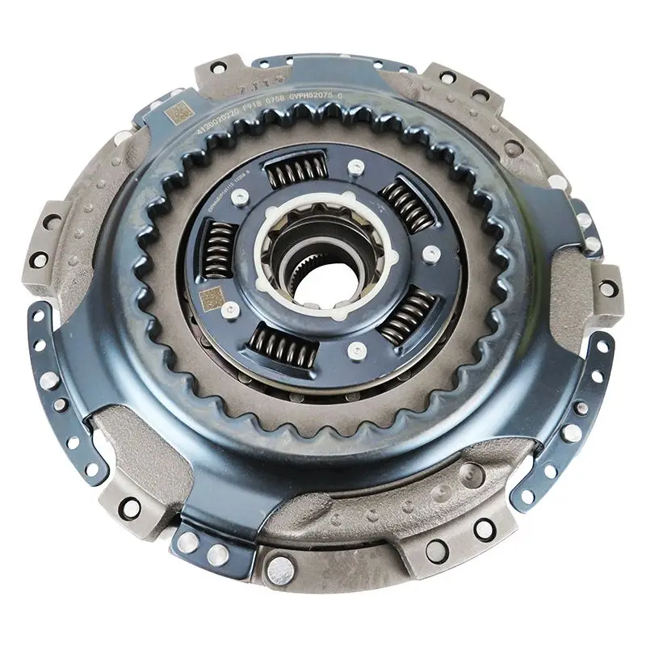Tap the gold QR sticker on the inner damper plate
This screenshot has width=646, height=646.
coord(212,300)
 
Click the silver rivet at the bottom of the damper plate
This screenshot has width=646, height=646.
coord(353,350)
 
